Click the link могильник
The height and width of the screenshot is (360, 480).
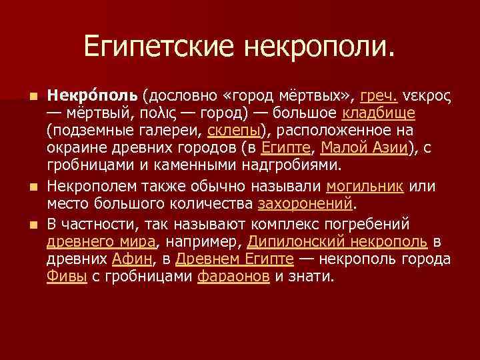point(365,187)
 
